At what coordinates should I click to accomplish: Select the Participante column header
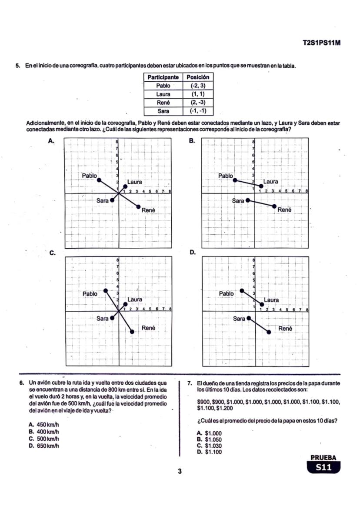tap(163, 77)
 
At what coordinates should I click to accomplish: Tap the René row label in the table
tap(163, 103)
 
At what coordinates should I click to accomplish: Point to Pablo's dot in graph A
tap(99, 180)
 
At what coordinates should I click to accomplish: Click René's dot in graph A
tap(139, 207)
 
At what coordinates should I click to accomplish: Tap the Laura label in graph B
tap(271, 181)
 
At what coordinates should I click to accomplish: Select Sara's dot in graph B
tap(248, 200)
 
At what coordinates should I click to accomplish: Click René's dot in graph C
tap(132, 332)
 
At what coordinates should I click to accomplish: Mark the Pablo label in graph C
tap(90, 293)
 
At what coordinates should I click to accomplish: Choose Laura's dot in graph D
tap(262, 304)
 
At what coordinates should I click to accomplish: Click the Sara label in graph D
tap(239, 319)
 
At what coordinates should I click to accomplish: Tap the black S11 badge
tap(323, 467)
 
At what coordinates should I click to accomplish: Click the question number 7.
tap(190, 383)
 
